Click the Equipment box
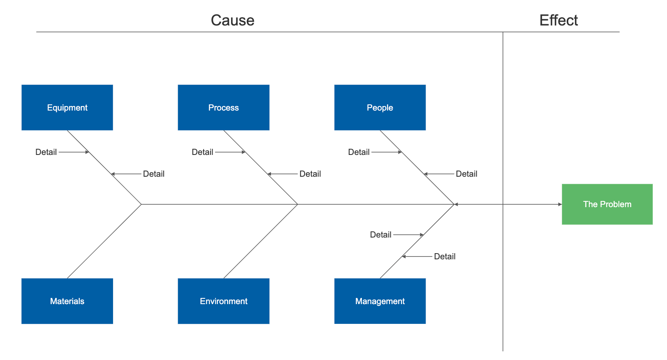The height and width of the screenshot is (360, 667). pos(67,108)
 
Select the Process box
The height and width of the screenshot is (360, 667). pos(223,108)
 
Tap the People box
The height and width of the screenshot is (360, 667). pos(380,108)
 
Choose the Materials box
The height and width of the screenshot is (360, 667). pos(67,301)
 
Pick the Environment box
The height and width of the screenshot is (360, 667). pos(223,301)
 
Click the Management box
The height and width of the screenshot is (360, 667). pos(380,301)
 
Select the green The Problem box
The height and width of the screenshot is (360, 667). pos(607,204)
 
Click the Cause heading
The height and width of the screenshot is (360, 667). pos(232,20)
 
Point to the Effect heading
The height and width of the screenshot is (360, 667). pos(558,20)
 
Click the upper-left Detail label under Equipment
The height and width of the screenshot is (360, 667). pos(46,152)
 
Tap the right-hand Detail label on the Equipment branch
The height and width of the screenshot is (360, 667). pos(153,174)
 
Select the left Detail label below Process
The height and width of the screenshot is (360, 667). pos(202,152)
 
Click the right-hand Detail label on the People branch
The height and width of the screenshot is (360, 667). pos(466,174)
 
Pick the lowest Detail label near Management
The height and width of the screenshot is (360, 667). pos(445,256)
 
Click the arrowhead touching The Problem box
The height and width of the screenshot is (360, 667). pos(560,204)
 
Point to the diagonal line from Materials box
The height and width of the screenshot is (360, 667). pos(104,241)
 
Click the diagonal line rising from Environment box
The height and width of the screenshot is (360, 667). pos(260,241)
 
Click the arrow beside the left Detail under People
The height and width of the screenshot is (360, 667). pos(387,152)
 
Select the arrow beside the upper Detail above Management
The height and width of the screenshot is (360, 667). pos(408,235)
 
